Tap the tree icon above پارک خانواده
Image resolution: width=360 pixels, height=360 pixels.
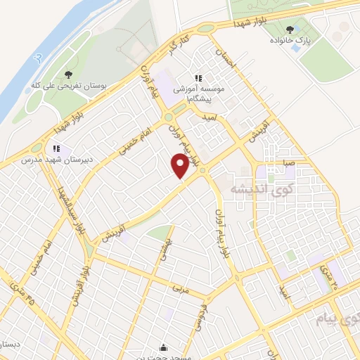289,29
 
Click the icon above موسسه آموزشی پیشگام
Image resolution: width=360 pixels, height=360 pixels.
199,77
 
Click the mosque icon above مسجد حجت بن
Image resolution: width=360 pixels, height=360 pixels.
164,347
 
